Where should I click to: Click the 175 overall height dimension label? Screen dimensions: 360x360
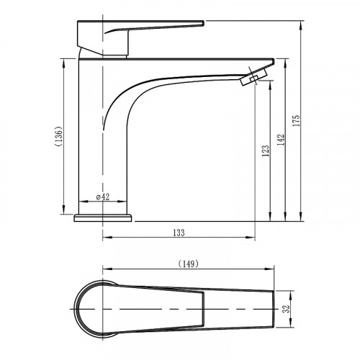point(297,121)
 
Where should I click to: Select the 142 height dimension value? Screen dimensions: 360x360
point(281,140)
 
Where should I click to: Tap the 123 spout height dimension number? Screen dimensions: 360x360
point(266,150)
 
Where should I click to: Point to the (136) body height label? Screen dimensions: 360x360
point(59,136)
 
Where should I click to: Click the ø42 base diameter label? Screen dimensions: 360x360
point(103,197)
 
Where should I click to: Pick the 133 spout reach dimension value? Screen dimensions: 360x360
point(179,233)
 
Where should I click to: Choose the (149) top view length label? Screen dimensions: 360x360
point(189,264)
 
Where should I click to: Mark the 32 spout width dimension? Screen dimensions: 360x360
point(287,309)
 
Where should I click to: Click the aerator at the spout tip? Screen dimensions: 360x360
point(254,76)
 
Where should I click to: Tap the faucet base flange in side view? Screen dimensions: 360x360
point(103,218)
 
